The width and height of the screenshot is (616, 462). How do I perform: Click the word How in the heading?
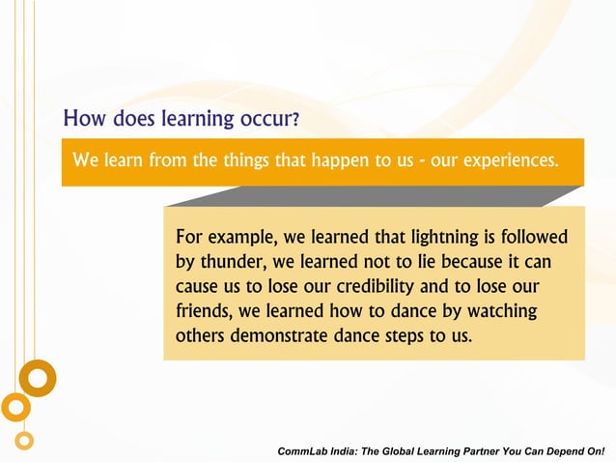(x=84, y=120)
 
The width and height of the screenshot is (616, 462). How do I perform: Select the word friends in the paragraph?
(x=204, y=311)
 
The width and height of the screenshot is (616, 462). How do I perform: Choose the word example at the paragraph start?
(x=240, y=238)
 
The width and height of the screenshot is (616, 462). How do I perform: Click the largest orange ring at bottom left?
(x=38, y=378)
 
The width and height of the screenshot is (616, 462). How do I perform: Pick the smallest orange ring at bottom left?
(x=24, y=441)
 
